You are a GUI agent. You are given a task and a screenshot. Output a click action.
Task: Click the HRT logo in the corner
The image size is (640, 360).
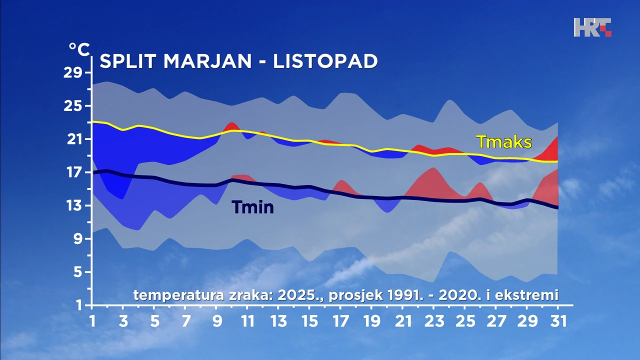point(592,27)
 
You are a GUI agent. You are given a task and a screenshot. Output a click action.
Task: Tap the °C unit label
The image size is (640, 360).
point(79,49)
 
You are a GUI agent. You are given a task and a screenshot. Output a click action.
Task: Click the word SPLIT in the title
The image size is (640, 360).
point(129,61)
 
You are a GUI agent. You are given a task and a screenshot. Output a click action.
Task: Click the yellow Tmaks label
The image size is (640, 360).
point(503,142)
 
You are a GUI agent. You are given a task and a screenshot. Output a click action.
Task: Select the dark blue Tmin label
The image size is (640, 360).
point(252,206)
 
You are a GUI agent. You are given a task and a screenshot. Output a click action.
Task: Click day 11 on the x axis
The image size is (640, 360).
point(247,320)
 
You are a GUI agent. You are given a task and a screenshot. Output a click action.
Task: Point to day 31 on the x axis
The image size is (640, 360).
point(557,320)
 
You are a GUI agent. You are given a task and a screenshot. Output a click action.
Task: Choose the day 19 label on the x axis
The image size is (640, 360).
point(371,320)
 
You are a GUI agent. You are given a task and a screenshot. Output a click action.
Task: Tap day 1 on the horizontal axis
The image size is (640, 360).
point(92,320)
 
